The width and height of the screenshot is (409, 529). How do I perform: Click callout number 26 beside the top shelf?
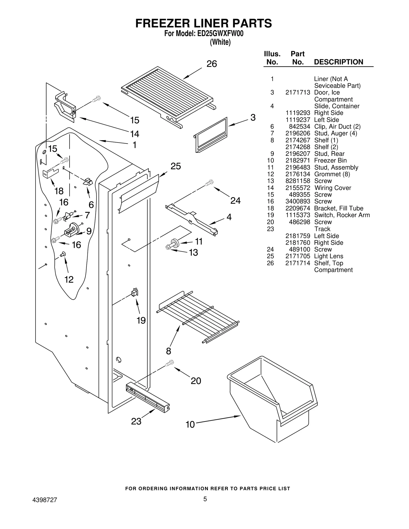click(x=211, y=64)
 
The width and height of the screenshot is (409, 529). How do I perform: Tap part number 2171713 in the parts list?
click(x=298, y=92)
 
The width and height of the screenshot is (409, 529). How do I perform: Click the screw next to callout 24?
click(x=209, y=183)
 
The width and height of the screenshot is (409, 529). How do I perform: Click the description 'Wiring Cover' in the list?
click(x=333, y=188)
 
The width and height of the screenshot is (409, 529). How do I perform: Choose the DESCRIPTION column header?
click(x=338, y=62)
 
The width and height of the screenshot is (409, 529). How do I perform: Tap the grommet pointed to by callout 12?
click(x=63, y=254)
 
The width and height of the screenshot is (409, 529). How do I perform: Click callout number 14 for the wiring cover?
click(x=134, y=134)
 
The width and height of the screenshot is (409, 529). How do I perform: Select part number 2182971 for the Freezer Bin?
click(x=298, y=160)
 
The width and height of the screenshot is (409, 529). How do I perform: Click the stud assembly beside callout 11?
click(x=175, y=243)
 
